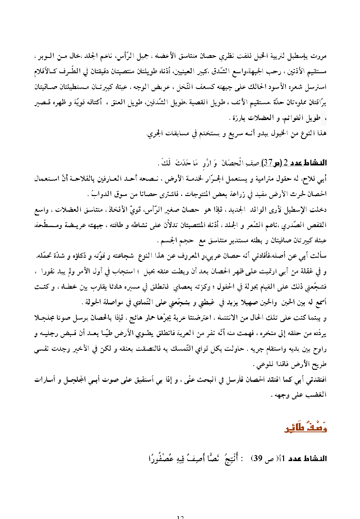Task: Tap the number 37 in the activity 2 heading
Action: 267,163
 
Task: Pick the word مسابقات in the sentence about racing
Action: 178,133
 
